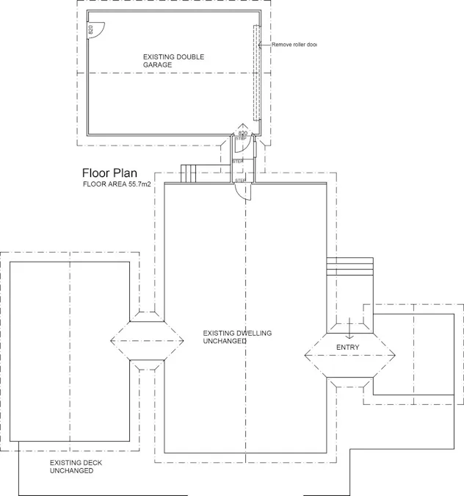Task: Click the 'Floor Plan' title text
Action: coord(109,173)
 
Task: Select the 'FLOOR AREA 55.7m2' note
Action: coord(117,184)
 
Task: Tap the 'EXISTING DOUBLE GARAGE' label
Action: coord(173,60)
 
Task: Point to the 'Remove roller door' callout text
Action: coord(294,45)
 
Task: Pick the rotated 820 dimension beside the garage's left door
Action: coord(91,30)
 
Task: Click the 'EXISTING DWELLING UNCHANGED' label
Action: coord(237,337)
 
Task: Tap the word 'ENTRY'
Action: coord(348,347)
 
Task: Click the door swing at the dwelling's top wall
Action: coord(243,190)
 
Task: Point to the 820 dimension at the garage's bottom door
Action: coord(243,133)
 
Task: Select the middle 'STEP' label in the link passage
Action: coord(238,161)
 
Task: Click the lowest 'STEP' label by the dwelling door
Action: coord(239,180)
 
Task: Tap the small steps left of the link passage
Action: coord(190,173)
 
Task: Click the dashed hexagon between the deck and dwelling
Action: coord(146,340)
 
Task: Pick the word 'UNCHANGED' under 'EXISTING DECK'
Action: coord(71,470)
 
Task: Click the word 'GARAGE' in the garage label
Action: coord(157,65)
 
